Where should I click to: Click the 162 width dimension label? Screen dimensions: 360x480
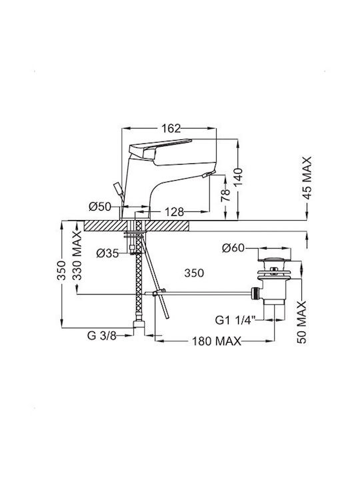pos(171,129)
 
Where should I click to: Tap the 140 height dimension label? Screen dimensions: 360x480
pos(239,177)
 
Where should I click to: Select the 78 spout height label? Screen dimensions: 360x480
pos(225,195)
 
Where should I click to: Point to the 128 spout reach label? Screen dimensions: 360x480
pos(174,211)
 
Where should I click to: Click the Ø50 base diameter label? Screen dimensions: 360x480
pos(100,207)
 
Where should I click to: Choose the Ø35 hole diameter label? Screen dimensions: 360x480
pos(107,253)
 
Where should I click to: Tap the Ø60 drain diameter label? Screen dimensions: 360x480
pos(234,247)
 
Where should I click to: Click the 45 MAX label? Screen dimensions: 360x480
pos(307,178)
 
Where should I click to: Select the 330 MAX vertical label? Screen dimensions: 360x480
pos(77,255)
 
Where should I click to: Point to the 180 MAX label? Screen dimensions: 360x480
pos(217,341)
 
